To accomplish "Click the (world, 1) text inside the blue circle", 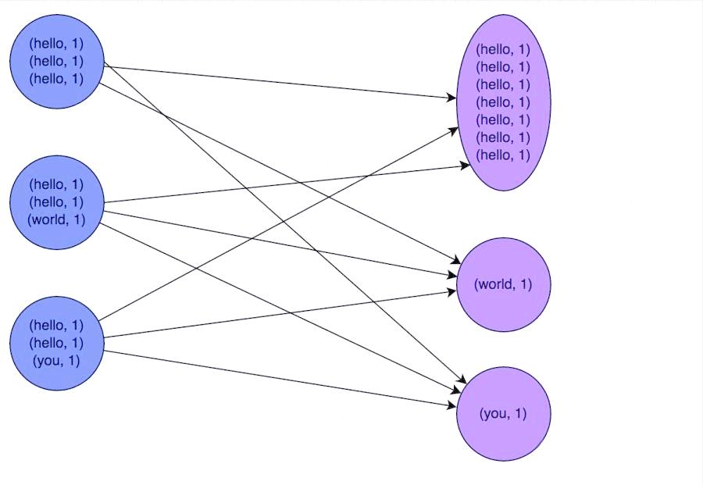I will point(56,219).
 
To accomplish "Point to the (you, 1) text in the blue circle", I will point(56,361).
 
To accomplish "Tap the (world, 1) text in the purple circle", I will point(503,284).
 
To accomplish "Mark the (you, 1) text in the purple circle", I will point(504,413).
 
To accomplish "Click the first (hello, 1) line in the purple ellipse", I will point(503,49).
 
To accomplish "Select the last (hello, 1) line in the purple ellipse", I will point(503,155).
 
